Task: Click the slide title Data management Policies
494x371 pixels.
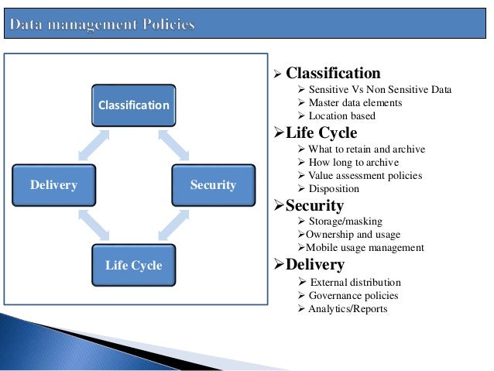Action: coord(102,26)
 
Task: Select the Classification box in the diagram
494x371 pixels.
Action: coord(132,104)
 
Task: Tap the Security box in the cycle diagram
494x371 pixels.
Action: coord(213,184)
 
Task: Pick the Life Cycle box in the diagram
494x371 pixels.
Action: coord(133,265)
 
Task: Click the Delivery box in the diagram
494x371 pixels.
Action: coord(53,184)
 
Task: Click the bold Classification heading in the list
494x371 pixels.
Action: coord(333,74)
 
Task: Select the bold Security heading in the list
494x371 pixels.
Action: coord(314,205)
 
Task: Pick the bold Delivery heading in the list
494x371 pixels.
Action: coord(314,266)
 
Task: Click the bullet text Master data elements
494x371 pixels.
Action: coord(355,103)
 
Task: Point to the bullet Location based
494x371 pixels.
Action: coord(341,116)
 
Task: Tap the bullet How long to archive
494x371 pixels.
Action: coord(353,162)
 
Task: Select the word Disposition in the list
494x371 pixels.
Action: coord(334,188)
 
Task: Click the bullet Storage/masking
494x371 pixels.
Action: coord(341,222)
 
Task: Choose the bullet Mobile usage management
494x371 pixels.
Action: coord(365,248)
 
